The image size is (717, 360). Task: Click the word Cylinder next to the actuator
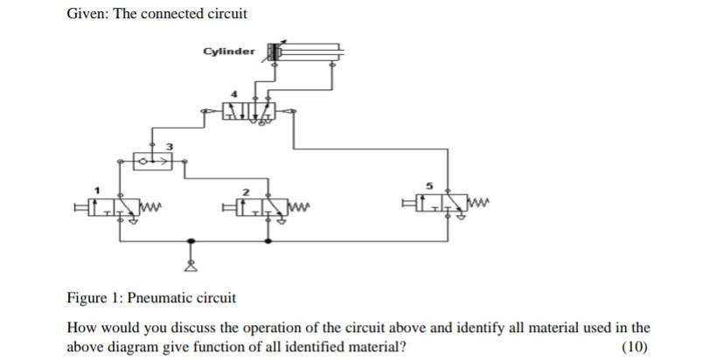229,51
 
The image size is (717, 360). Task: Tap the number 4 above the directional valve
233,93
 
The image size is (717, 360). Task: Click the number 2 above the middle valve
247,190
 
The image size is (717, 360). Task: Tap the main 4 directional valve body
248,111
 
